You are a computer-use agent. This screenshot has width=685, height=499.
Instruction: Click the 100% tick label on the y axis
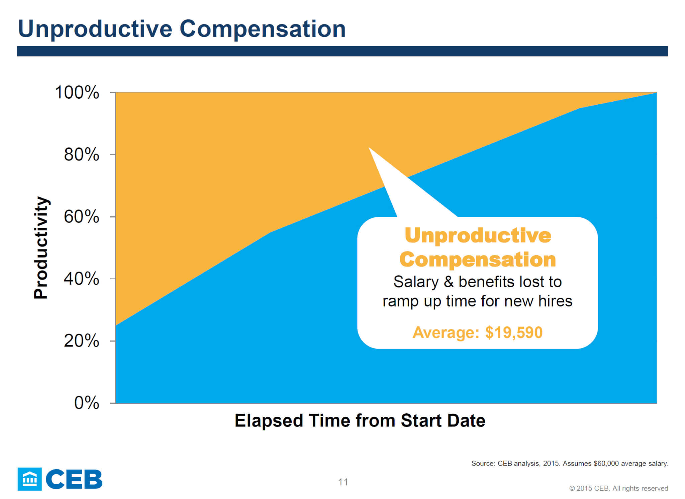(x=77, y=92)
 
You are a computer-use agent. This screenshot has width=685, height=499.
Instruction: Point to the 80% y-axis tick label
(x=82, y=155)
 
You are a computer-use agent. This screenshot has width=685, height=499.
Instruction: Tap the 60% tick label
(x=82, y=217)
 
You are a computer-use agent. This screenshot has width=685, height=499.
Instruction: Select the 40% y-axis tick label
(x=82, y=279)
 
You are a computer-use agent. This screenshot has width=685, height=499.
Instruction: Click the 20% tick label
(x=82, y=341)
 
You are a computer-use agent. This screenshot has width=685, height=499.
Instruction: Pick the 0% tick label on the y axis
(x=87, y=403)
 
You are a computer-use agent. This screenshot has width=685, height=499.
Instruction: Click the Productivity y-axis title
(x=41, y=247)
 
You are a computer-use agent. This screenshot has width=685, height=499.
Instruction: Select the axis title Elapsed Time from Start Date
(x=360, y=420)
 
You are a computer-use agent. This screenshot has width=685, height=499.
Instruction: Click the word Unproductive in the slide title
(x=95, y=29)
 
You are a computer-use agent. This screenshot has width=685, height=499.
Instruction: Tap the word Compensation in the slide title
(x=263, y=29)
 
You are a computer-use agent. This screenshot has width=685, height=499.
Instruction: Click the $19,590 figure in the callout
(x=514, y=332)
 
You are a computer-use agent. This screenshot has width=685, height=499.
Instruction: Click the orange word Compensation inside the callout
(x=478, y=260)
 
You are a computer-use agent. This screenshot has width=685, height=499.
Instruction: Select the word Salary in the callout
(x=416, y=282)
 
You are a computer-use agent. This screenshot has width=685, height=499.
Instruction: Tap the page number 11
(x=343, y=482)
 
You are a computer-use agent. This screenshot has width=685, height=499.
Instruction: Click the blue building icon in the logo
(x=30, y=479)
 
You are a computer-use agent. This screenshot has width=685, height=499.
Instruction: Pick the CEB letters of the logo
(x=74, y=479)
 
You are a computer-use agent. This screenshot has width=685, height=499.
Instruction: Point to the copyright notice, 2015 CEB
(x=619, y=488)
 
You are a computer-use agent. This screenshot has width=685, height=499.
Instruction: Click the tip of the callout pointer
(x=369, y=147)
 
